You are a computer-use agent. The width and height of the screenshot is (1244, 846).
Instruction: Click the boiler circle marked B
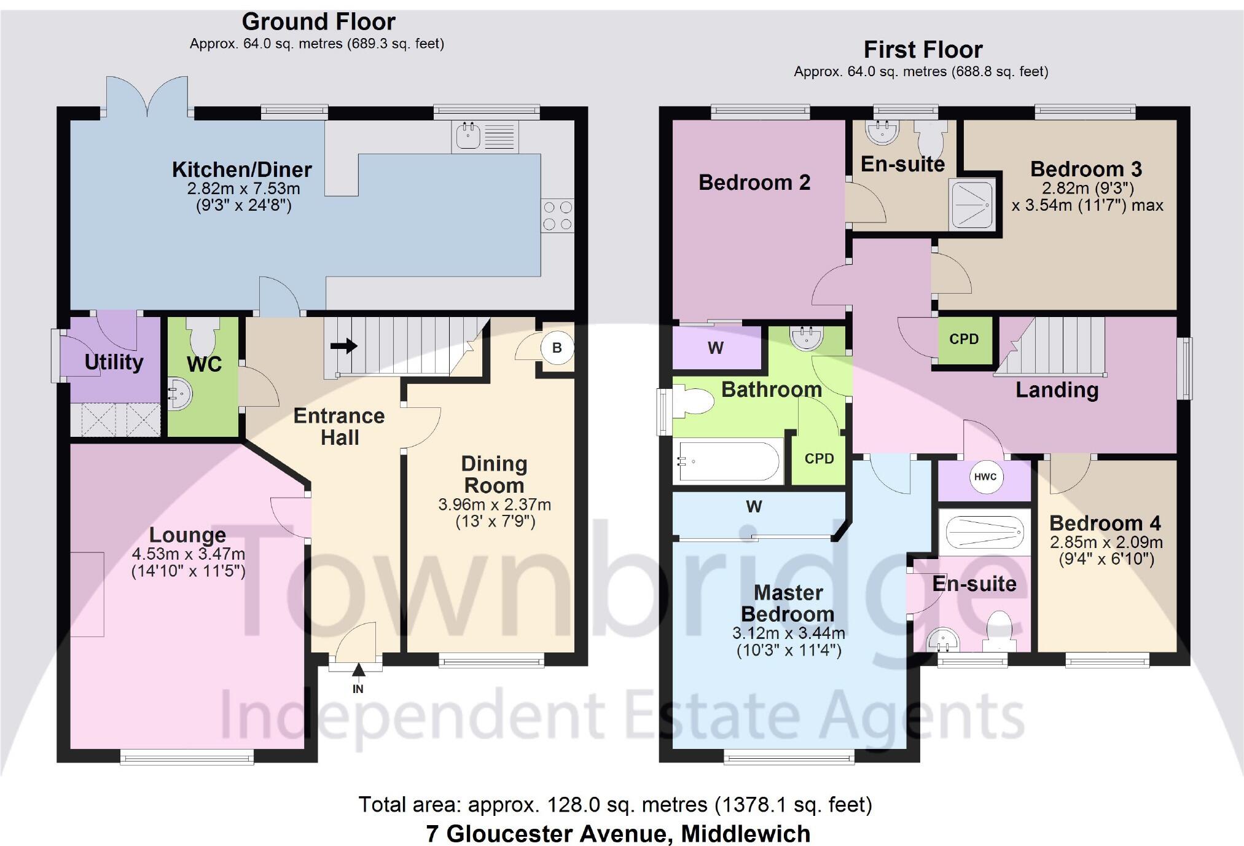coord(557,348)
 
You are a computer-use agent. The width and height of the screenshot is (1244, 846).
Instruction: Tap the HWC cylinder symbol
coord(985,477)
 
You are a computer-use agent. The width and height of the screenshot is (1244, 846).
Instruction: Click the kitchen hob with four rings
coord(557,216)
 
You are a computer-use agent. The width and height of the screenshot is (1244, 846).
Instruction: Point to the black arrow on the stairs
coord(344,346)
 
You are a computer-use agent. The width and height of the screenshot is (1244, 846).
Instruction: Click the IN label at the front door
coord(358,689)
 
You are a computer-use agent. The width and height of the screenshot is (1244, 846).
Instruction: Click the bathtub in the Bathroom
coord(728,461)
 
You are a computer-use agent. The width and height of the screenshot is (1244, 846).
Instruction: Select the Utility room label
coord(114,362)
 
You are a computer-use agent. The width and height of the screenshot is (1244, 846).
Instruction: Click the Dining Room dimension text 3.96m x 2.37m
coord(494,505)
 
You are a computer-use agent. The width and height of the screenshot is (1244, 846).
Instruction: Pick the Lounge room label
coord(187,535)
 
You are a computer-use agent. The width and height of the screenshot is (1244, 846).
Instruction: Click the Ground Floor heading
coord(318,22)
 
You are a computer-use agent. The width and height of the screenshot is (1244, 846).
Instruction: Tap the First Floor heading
coord(923,50)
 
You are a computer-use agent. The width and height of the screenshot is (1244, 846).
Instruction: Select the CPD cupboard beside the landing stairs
coord(964,339)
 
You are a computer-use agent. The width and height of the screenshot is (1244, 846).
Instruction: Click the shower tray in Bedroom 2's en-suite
coord(971,204)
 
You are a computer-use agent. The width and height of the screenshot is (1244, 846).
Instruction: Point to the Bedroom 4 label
coord(1105,523)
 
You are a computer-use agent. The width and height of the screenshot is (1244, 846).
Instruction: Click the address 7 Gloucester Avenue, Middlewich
coord(618,834)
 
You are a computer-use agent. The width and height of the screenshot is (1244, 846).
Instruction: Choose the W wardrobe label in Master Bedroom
coord(754,506)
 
